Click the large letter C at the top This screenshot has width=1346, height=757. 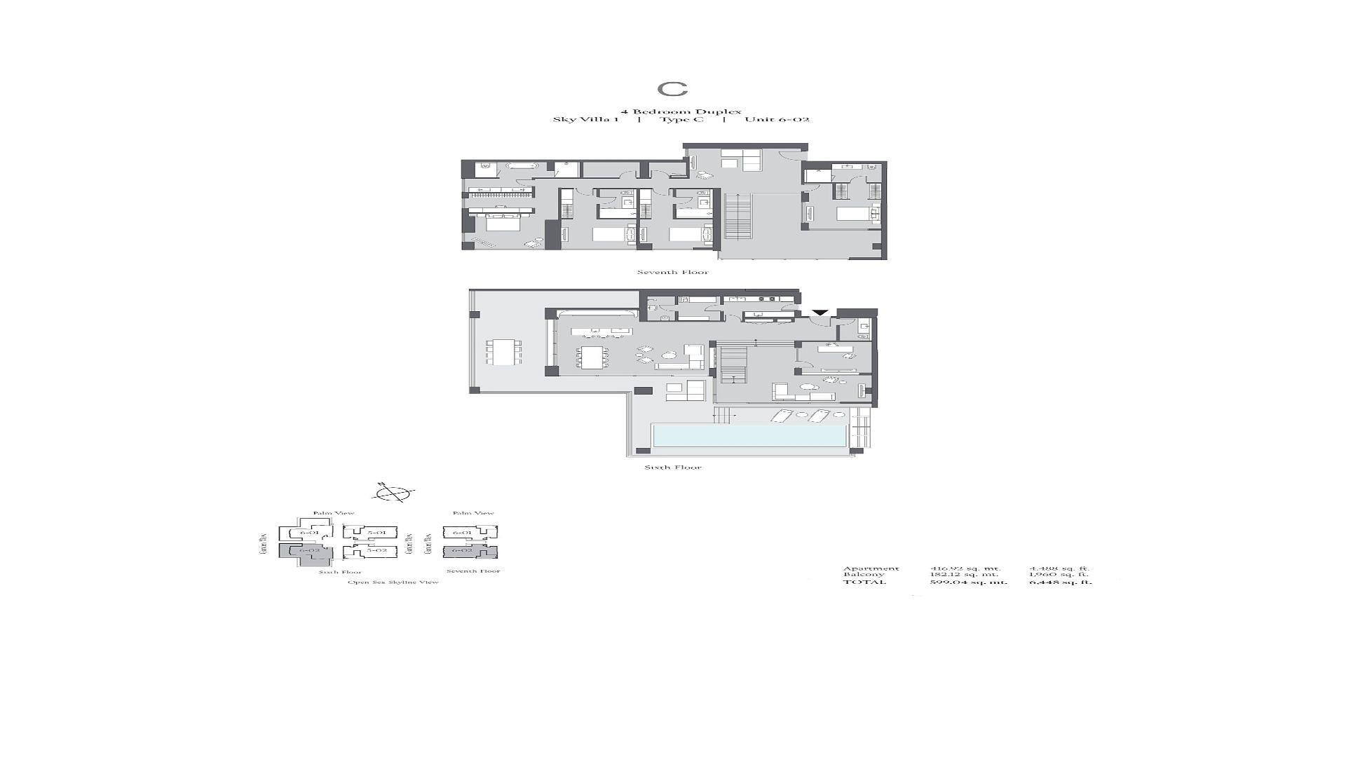point(672,89)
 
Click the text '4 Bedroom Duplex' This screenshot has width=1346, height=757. point(671,111)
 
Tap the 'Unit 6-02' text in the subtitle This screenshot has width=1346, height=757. point(777,120)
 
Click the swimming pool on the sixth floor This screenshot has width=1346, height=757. point(749,435)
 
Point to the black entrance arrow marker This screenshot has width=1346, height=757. point(820,313)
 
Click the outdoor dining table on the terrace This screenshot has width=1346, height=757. point(504,352)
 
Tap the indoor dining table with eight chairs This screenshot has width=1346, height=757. point(594,358)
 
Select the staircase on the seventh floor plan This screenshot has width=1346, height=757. point(737,217)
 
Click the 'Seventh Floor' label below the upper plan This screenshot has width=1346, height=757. point(672,273)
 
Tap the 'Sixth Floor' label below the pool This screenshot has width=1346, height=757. point(673,468)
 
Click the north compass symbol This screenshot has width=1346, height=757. point(394,493)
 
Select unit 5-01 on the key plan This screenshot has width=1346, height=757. point(376,533)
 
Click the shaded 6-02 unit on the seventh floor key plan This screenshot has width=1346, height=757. point(463,551)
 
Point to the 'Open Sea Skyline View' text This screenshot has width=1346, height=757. point(393,582)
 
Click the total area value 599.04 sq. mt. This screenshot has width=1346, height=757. point(968,582)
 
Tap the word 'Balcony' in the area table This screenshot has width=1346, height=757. point(864,575)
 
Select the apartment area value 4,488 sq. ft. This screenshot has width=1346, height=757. point(1059,568)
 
